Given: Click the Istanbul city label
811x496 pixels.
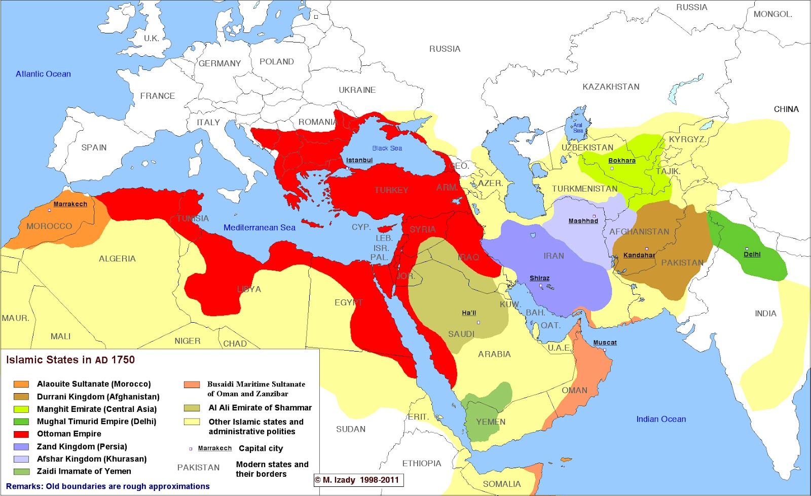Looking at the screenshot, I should coord(359,160).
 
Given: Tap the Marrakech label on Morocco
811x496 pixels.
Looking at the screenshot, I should coord(70,204).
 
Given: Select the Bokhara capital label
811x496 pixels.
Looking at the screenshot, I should coord(622,161).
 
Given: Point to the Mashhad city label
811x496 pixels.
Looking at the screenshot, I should coord(583,221).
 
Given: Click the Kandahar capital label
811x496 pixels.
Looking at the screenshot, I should coord(639,255).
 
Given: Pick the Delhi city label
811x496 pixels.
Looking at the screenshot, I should coord(752,254).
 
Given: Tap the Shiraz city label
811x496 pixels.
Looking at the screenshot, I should coord(539,278).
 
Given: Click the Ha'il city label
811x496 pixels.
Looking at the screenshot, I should coord(469,313).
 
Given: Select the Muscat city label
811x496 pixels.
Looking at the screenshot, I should coord(605,342).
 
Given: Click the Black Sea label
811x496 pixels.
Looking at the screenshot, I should coord(387,148).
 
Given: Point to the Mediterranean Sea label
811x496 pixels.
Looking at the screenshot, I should coord(260,227).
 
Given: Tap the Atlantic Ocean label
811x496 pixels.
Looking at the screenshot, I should coord(43,74).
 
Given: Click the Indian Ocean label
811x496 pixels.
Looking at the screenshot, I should coord(661,419).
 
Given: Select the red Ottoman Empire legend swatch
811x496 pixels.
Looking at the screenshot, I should coord(21,434).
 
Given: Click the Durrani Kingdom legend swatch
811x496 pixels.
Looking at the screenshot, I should coord(21,397).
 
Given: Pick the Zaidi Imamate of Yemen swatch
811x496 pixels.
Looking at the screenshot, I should coord(21,472).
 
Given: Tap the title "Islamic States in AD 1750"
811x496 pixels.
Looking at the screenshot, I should coord(70,360).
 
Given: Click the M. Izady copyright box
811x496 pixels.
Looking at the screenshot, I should coord(358,480).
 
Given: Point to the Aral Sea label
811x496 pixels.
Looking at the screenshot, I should coord(578,128).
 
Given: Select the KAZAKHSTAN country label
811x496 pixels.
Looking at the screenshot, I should coord(611,87).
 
